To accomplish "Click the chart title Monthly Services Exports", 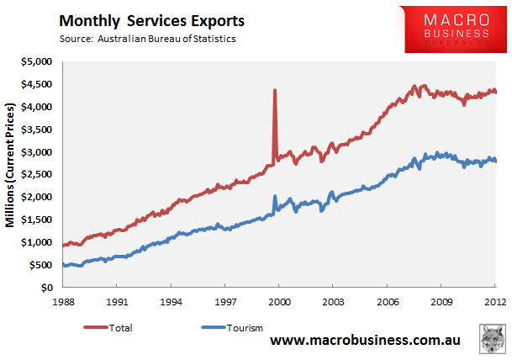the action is (152, 21).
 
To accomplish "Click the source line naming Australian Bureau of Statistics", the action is (148, 39).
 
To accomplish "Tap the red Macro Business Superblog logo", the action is (456, 29).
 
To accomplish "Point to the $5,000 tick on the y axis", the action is (37, 61).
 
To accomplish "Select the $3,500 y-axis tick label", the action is (37, 130).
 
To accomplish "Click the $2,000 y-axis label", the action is (37, 197).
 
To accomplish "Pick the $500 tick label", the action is (40, 265).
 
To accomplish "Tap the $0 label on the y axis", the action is (47, 288).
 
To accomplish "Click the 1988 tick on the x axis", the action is (63, 301).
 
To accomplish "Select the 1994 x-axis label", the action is (172, 301).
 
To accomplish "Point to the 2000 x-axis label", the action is (279, 301).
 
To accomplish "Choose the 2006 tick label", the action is (388, 301).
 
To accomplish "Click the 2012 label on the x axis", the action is (495, 301).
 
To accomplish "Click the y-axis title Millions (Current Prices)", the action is (10, 165).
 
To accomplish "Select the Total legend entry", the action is (108, 328).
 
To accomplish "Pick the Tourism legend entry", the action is (232, 328).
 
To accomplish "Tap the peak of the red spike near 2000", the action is (275, 90).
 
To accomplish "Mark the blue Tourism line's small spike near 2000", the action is (275, 196).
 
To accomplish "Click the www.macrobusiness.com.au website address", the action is (365, 340).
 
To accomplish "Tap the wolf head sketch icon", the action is (493, 339).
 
